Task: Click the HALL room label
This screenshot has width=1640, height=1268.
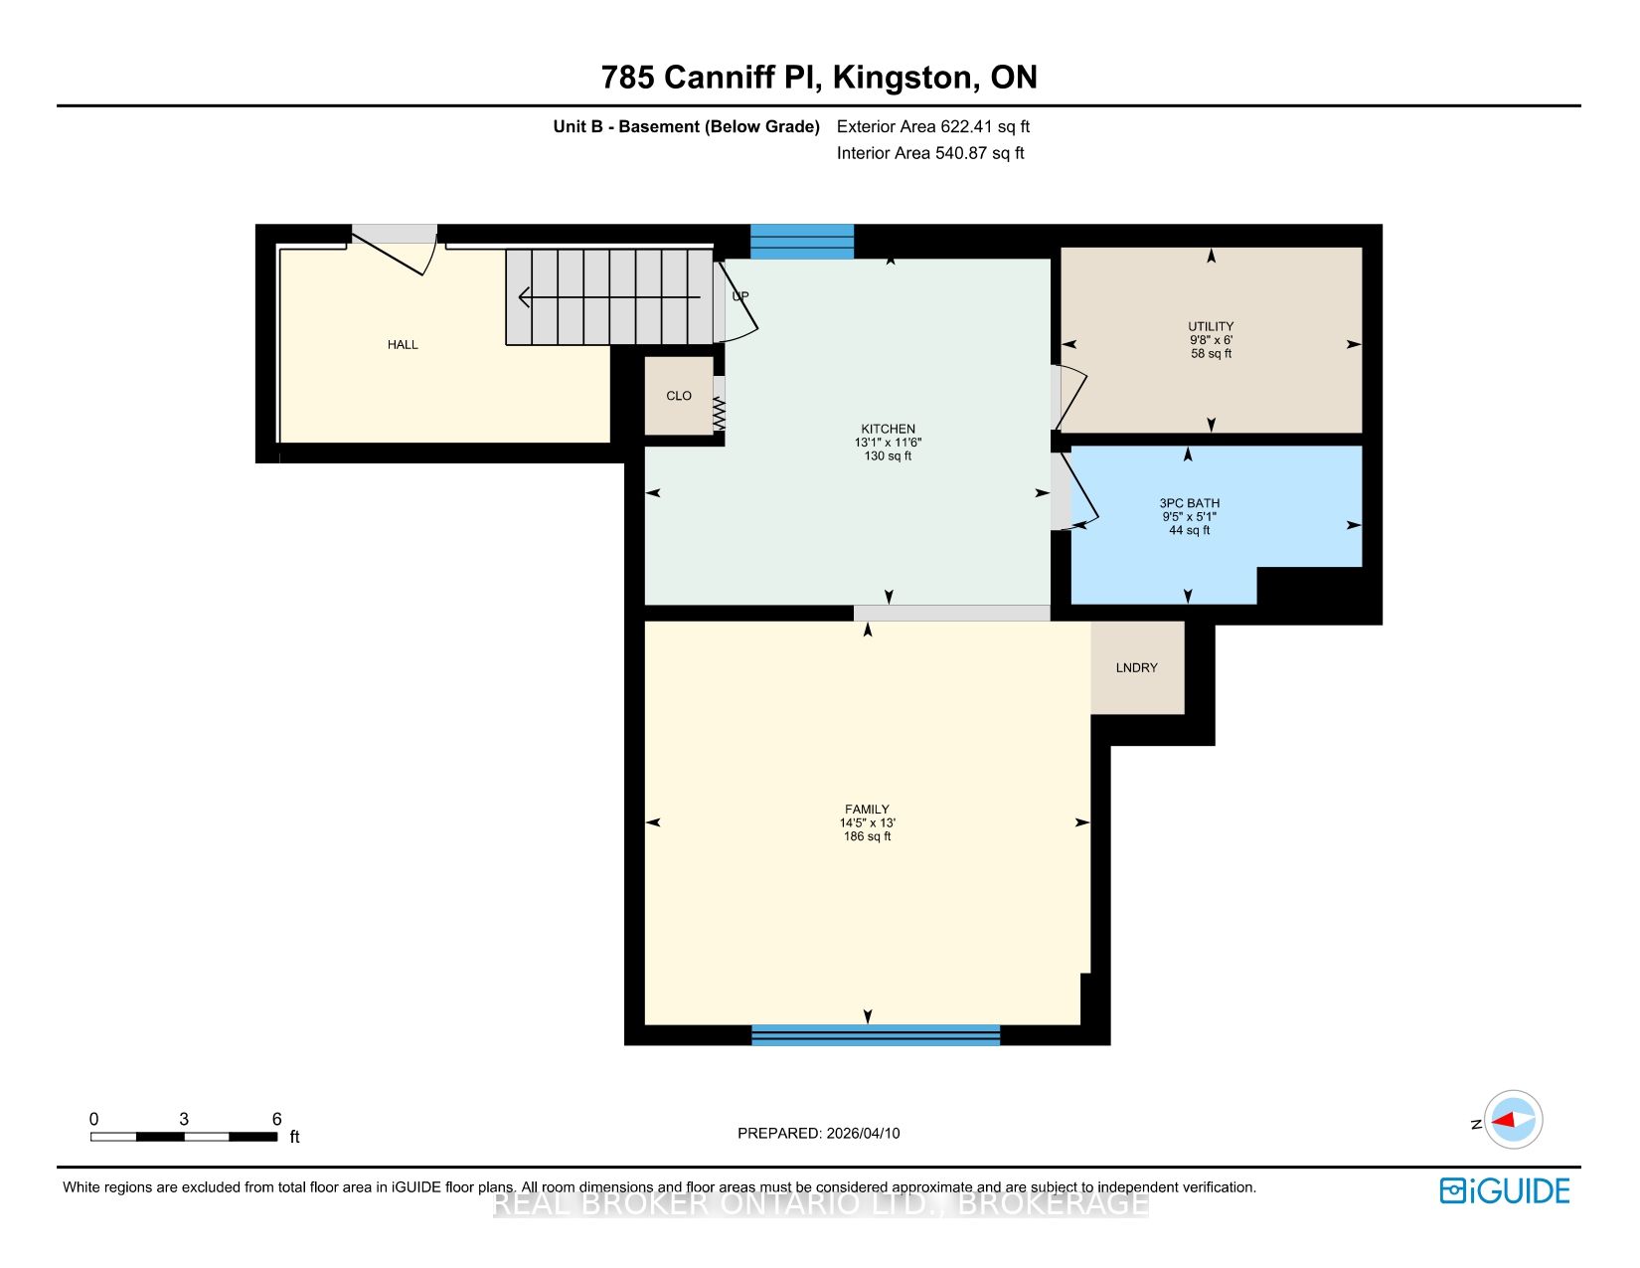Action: [403, 345]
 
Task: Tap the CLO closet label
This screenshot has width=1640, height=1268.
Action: [679, 396]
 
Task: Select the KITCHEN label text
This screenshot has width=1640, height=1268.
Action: [889, 429]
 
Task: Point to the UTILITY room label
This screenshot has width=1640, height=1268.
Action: [1211, 327]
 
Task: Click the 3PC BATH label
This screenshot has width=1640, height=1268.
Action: [1190, 503]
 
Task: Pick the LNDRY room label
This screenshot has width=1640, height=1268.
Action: [1137, 667]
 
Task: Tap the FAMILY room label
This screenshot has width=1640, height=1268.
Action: [867, 809]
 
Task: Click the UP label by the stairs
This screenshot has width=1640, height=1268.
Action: [740, 296]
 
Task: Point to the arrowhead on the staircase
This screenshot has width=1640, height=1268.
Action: [524, 297]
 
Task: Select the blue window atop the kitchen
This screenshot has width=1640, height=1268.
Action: [801, 242]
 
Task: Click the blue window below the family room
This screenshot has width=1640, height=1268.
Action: [876, 1034]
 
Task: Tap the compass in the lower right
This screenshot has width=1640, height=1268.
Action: [1513, 1119]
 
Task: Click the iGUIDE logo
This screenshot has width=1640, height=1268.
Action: [1505, 1191]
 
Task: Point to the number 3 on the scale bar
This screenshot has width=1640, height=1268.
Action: [184, 1119]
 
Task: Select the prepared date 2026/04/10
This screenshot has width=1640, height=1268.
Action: [864, 1133]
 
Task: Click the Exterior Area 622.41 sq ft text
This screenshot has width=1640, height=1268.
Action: [933, 127]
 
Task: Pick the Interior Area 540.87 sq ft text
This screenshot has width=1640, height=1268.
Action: [930, 153]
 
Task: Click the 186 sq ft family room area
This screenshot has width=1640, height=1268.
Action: [867, 836]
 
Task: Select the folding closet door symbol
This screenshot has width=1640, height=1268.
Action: [720, 414]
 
